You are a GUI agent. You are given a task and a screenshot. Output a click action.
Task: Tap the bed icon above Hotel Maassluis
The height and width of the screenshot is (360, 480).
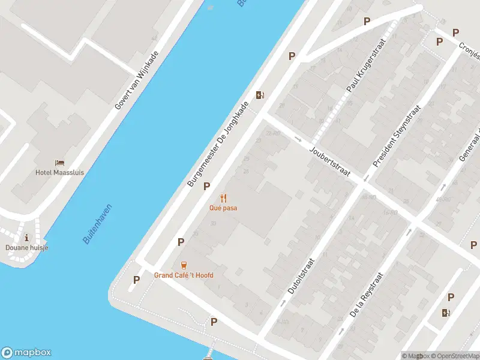pyautogui.click(x=59, y=163)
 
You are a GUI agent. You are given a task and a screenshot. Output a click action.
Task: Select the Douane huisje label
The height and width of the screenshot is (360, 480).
pyautogui.click(x=27, y=248)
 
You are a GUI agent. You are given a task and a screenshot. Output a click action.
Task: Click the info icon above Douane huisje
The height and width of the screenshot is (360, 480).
pyautogui.click(x=26, y=238)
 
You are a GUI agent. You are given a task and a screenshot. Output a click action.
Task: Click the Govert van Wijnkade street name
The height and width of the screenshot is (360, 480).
pyautogui.click(x=137, y=87)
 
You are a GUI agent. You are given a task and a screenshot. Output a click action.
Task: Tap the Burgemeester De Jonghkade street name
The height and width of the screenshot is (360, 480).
pyautogui.click(x=218, y=143)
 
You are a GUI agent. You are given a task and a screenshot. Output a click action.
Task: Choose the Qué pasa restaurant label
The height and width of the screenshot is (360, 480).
pyautogui.click(x=223, y=208)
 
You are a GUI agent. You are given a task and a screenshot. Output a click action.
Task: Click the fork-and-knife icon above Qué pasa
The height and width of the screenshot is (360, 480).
pyautogui.click(x=223, y=197)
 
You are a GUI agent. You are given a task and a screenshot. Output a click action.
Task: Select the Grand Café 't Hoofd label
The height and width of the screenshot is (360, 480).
pyautogui.click(x=184, y=275)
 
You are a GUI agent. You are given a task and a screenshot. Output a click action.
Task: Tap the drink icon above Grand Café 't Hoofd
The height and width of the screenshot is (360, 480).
pyautogui.click(x=184, y=265)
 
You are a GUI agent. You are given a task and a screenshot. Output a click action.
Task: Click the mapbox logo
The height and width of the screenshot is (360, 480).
pyautogui.click(x=26, y=353)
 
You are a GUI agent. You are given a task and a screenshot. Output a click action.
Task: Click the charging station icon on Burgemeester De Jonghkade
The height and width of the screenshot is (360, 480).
pyautogui.click(x=260, y=95)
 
